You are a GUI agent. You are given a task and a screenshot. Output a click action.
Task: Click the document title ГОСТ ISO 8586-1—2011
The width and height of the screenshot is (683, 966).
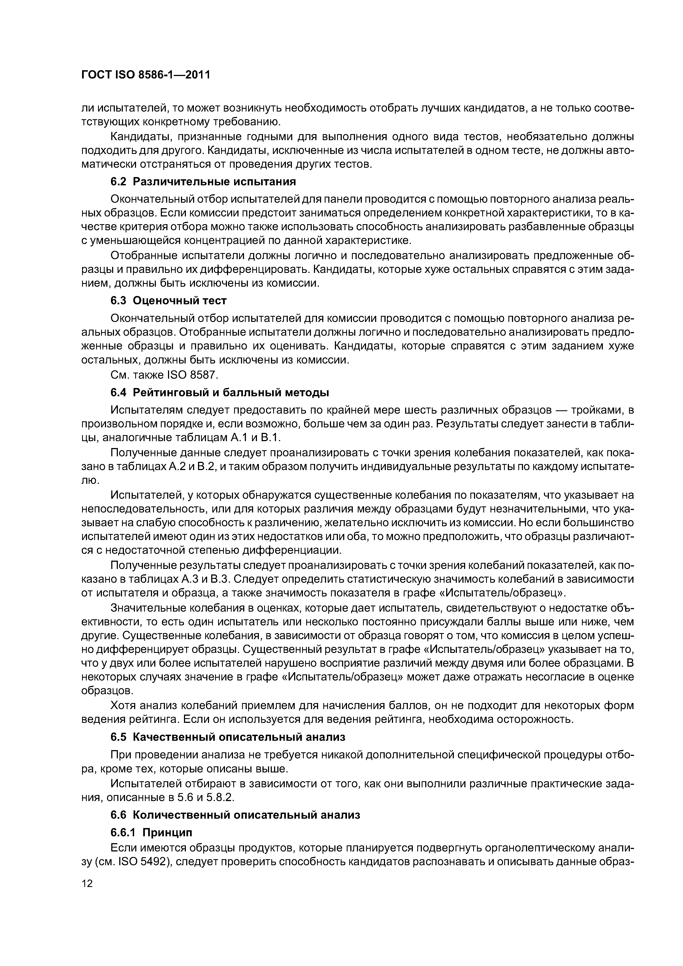tap(145, 75)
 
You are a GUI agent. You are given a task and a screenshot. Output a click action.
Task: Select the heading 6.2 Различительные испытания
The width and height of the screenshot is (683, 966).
tap(203, 181)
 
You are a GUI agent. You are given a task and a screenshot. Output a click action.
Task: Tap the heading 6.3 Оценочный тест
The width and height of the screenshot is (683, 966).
tap(169, 300)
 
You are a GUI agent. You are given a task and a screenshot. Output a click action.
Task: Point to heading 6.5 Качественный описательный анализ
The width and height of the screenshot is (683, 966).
tap(228, 737)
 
